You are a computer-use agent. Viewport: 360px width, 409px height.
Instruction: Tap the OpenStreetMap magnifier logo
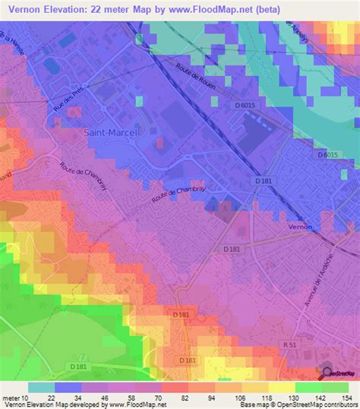pos(328,373)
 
